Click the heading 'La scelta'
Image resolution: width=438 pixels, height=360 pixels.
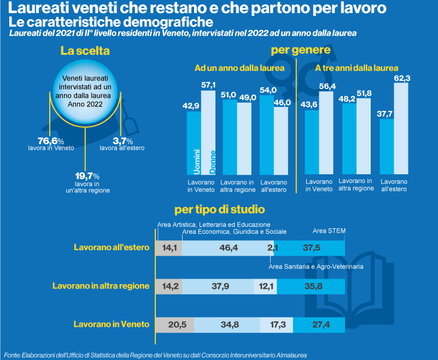point(85,51)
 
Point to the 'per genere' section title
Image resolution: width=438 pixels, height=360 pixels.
point(301,51)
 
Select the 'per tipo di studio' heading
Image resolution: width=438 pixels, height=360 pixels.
point(220,209)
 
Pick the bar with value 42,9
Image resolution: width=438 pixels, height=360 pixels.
point(194,142)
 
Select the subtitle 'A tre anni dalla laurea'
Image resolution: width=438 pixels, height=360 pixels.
point(357,68)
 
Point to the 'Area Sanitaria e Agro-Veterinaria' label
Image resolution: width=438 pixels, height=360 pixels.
point(316,267)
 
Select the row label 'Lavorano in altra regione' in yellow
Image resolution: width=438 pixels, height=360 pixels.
point(101,286)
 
